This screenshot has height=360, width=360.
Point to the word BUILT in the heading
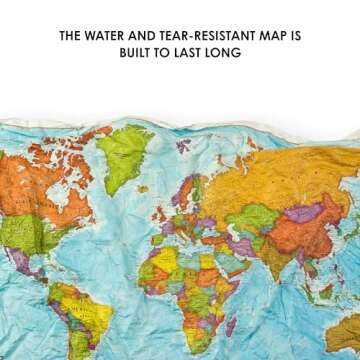142,53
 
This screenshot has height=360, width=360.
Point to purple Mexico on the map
25,262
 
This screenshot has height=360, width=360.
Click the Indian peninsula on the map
262,262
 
